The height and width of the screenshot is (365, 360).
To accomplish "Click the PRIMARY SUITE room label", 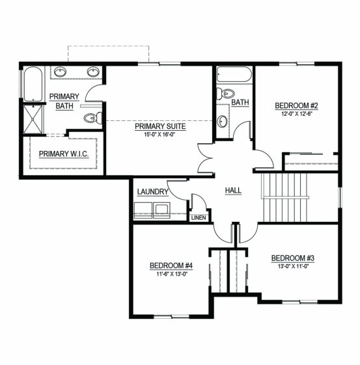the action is point(160,126).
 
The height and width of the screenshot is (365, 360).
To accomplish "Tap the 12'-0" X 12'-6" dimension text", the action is point(296,114).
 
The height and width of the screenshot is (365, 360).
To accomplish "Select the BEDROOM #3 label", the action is point(293,258).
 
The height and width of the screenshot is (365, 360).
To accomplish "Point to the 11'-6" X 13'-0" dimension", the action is point(172,274).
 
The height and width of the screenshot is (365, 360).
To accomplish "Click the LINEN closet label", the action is point(199,218).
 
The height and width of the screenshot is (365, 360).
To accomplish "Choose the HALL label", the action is point(233,191).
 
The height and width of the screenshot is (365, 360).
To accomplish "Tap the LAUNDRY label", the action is point(152,192).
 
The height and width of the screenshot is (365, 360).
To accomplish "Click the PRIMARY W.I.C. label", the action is point(64,154).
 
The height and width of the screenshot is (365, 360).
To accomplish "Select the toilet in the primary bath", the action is point(93,118).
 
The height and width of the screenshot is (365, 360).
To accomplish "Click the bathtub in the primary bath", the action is point(33,84).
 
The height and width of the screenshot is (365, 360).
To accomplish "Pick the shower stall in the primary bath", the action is point(33,120).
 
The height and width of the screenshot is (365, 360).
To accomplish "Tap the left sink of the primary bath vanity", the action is point(60,72).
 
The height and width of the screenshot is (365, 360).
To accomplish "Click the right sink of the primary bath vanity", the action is point(93,72).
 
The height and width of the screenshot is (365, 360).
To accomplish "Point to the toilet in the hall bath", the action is point(225,94).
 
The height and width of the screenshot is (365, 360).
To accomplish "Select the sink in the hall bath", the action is point(222,122).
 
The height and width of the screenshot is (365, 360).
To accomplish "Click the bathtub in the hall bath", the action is point(234,74).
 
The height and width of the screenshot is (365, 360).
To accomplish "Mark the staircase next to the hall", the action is point(285,197).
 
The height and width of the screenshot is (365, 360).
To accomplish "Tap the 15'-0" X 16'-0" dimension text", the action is point(159,134).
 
